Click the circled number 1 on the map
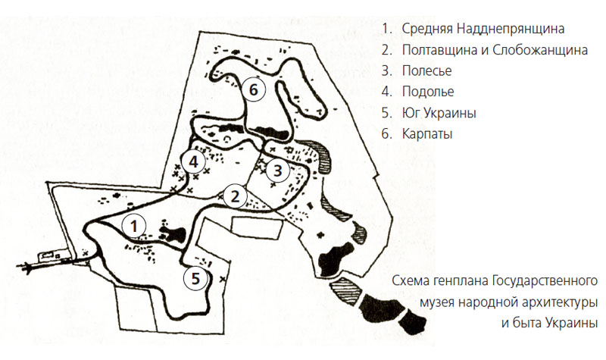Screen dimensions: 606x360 coord(134,226)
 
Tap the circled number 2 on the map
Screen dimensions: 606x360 coord(235,196)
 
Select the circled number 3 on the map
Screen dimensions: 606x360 coord(278,170)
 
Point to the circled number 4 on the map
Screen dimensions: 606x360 coord(194,161)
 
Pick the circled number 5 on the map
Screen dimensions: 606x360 coord(196,278)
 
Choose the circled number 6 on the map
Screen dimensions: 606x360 coord(254,89)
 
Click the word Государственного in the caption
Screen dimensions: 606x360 coord(545,280)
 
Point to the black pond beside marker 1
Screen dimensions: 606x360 coord(173,233)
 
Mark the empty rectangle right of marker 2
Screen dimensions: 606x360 coord(256,227)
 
